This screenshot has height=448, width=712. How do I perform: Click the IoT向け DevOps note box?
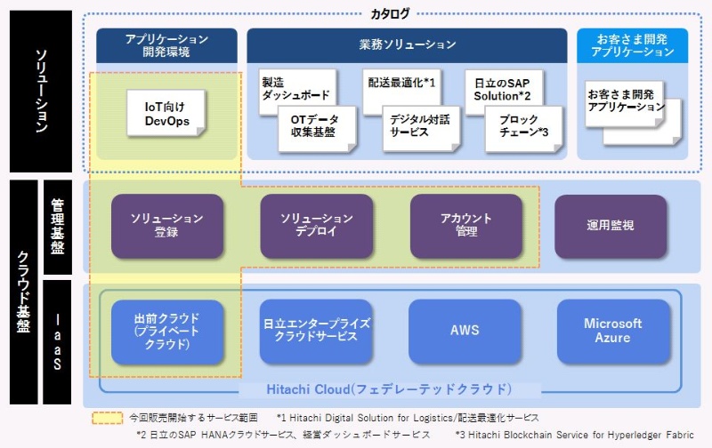coord(167,113)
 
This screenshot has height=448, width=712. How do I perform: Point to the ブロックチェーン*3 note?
coord(523,127)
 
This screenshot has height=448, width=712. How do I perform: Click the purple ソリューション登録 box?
coord(166,226)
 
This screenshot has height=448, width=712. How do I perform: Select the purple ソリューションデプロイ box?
coord(316,226)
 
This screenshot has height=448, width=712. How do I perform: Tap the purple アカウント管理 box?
coord(465,226)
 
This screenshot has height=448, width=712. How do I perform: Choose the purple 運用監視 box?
coord(611,226)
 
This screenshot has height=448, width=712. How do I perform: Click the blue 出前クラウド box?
coord(166,331)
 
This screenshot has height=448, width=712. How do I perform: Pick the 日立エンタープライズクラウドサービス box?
coord(316,331)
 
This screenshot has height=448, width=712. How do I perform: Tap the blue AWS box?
coord(465,331)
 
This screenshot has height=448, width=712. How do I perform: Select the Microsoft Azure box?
coord(612,331)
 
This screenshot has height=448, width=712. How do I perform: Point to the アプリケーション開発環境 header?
coord(166,44)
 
